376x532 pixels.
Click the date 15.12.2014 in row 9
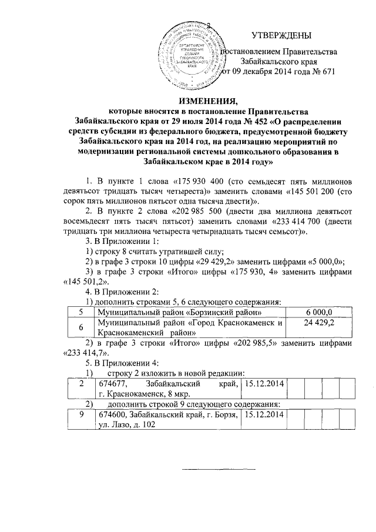click(x=264, y=415)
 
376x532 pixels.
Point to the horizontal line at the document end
click(x=217, y=469)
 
